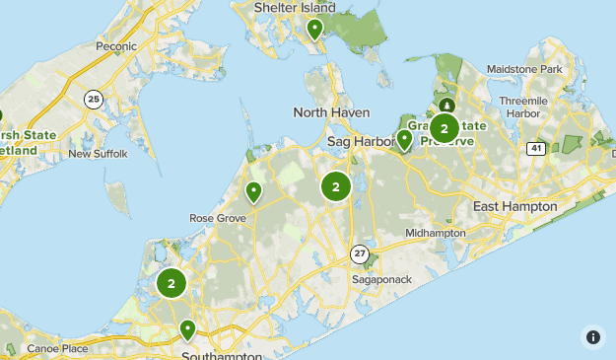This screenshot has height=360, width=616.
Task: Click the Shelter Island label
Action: click(295, 8)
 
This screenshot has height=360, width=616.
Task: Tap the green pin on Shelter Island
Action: click(314, 29)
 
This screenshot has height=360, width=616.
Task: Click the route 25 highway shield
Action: click(94, 99)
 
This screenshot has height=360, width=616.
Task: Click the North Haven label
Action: click(331, 112)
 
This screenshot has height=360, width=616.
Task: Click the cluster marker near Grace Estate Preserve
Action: click(445, 127)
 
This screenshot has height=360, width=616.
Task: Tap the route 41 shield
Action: click(535, 148)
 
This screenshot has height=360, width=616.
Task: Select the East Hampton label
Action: click(514, 206)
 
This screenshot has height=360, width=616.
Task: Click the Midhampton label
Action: click(435, 233)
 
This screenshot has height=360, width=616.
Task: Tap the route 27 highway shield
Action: click(361, 253)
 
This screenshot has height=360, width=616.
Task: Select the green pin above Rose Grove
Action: click(253, 191)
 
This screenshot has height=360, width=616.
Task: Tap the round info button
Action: click(592, 336)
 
